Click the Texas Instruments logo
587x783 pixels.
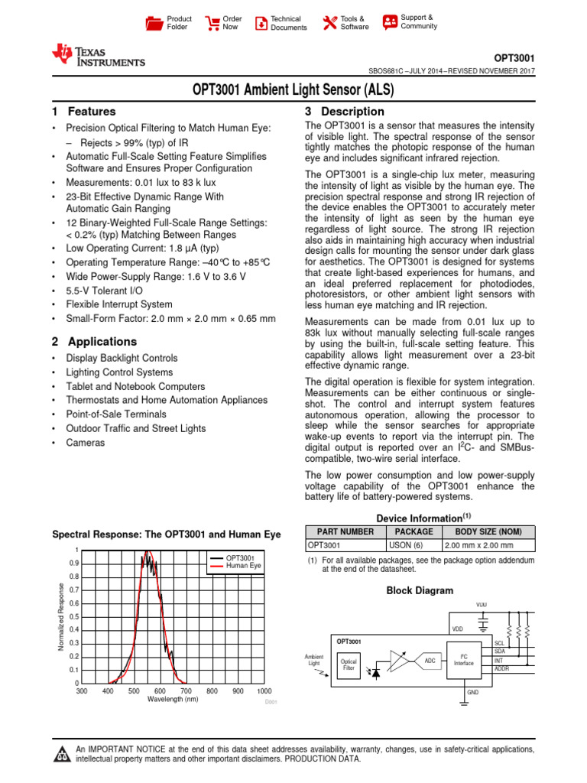tap(98, 54)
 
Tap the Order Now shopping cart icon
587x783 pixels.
tap(212, 23)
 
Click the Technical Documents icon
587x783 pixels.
tap(261, 23)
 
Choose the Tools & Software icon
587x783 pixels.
tap(330, 23)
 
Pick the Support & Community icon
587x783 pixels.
tap(390, 21)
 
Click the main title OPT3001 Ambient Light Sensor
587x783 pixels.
tap(293, 90)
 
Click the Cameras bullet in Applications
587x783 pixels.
tap(85, 443)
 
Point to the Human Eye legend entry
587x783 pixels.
tap(243, 566)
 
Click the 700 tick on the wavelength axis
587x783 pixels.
tap(186, 691)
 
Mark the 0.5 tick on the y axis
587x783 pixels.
tap(73, 616)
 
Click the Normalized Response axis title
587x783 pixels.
tap(61, 616)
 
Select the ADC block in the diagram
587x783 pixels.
tap(430, 659)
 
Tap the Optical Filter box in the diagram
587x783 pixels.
tap(349, 664)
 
